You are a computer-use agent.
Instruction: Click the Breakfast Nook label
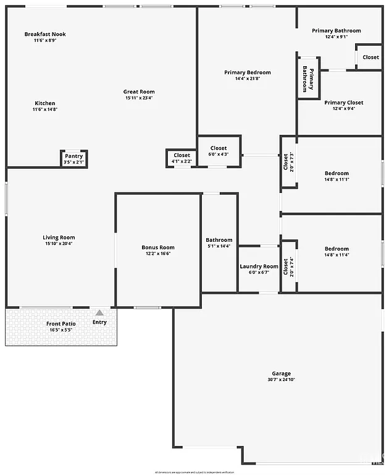click(x=45, y=34)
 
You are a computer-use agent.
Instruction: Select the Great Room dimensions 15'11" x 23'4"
click(x=138, y=98)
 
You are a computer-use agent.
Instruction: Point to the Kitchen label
click(x=44, y=103)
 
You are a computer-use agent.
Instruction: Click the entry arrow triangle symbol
click(x=99, y=313)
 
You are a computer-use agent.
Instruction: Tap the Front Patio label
click(x=61, y=323)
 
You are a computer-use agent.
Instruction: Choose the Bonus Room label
click(x=158, y=247)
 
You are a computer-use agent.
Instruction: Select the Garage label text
click(x=281, y=374)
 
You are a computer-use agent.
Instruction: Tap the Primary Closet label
click(x=344, y=103)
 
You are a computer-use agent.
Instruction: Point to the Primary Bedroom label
click(x=247, y=72)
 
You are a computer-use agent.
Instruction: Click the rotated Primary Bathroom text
click(x=307, y=78)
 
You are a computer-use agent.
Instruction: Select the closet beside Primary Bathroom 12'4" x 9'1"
click(x=370, y=57)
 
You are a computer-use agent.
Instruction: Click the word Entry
click(x=99, y=322)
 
